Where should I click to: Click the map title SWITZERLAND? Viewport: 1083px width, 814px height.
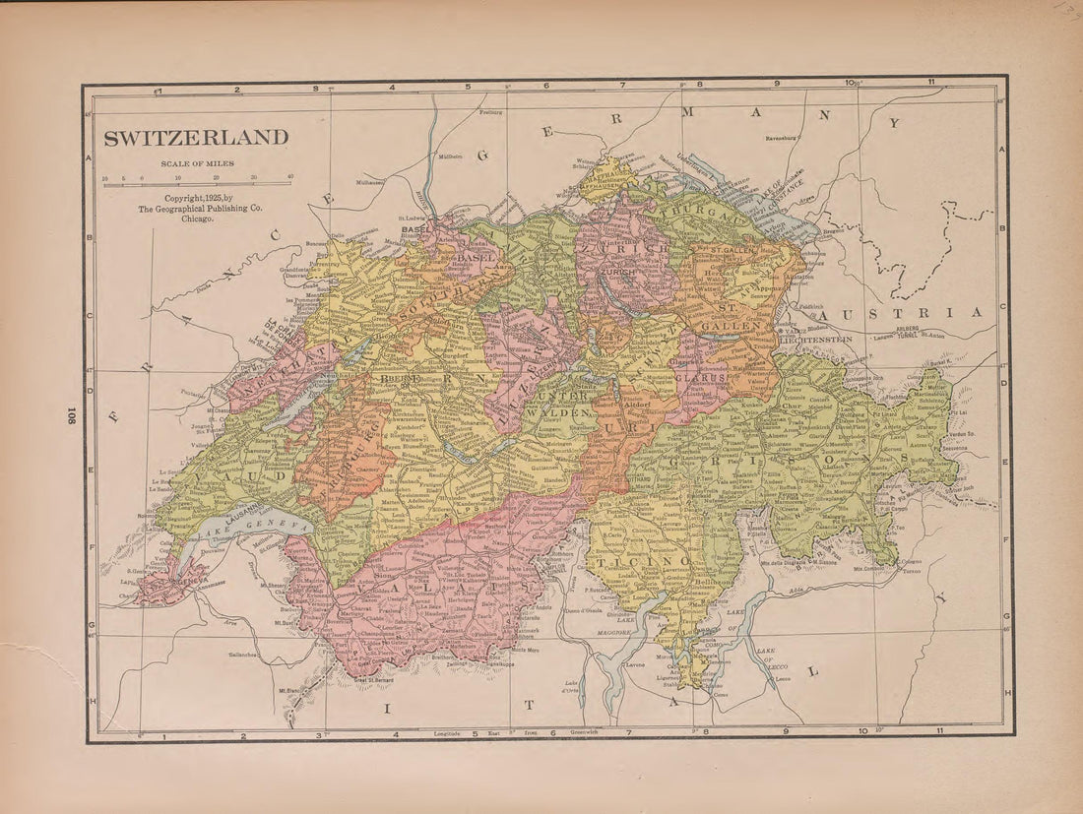(197, 138)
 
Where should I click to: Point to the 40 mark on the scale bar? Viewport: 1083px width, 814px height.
(289, 178)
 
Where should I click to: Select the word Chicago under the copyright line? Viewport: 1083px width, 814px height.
(197, 219)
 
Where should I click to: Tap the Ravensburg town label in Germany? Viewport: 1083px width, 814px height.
(788, 139)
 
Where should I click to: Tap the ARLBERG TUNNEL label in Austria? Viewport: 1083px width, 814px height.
(906, 333)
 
